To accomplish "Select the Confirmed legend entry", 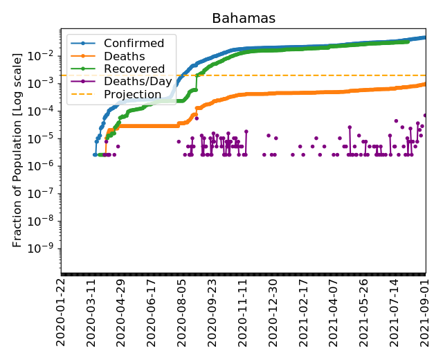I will (x=134, y=44).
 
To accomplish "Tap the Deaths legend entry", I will (x=124, y=56).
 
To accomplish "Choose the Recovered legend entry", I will (x=134, y=69).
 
